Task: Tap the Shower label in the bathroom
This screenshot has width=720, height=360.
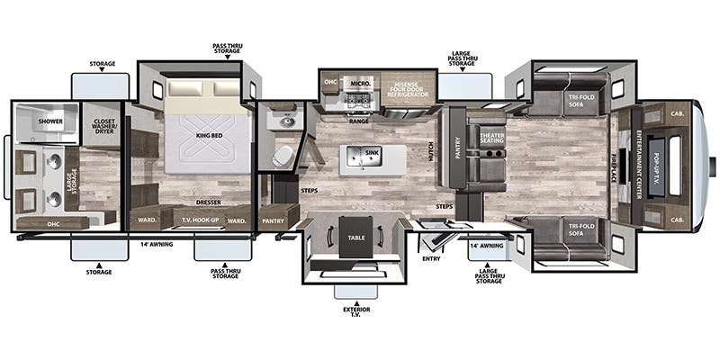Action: (x=49, y=118)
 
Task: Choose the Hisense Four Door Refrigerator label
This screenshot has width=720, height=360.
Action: (x=410, y=88)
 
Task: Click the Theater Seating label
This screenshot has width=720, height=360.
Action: (x=490, y=137)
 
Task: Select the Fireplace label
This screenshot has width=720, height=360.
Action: (x=616, y=163)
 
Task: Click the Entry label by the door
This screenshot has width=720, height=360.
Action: (x=431, y=259)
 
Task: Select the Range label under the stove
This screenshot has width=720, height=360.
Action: (x=358, y=121)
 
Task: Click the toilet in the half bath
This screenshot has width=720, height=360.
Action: (x=282, y=155)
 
